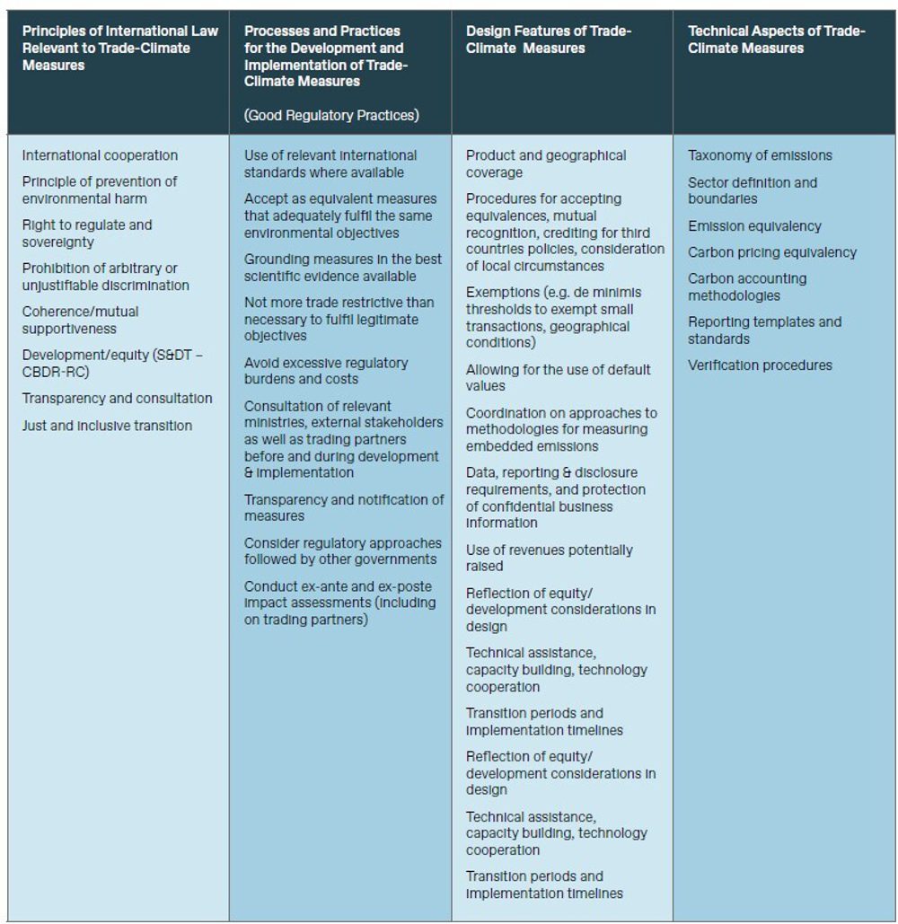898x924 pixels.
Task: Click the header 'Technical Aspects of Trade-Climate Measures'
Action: click(776, 40)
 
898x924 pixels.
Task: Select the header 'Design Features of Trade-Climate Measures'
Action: click(549, 40)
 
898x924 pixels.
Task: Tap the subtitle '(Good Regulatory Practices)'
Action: click(331, 115)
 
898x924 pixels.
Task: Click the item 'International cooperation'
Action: click(100, 155)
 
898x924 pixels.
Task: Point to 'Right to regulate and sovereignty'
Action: click(87, 233)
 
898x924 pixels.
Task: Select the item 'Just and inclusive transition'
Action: click(107, 426)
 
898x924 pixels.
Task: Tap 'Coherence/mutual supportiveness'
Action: click(81, 320)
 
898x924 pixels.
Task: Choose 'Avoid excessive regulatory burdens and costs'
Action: click(325, 371)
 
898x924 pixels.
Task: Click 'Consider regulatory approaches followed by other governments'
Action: click(342, 551)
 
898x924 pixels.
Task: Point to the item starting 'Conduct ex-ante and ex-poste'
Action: click(339, 603)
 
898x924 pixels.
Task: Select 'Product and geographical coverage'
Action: click(546, 163)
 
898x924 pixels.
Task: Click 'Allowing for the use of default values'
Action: click(558, 377)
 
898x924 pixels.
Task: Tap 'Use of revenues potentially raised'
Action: click(549, 558)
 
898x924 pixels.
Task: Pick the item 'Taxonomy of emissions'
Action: click(760, 155)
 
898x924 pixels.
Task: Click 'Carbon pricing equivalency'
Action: click(772, 252)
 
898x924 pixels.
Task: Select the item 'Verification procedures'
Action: click(760, 365)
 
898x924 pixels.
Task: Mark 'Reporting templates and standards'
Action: click(764, 330)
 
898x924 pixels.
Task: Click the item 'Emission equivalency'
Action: click(754, 226)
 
